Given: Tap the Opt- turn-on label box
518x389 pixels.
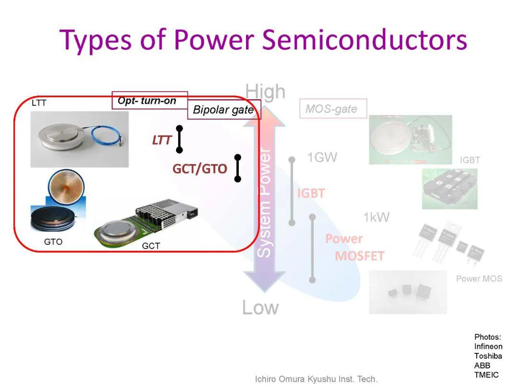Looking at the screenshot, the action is point(150,100).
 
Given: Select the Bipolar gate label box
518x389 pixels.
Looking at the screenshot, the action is point(224,109).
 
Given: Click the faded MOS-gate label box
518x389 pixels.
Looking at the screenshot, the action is point(333,109).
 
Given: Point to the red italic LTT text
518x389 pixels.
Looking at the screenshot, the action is point(162,140).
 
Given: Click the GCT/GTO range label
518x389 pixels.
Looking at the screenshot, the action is point(200,169).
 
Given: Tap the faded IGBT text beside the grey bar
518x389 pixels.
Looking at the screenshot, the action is point(311,193).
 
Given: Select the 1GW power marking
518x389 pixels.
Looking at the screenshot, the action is point(322,157).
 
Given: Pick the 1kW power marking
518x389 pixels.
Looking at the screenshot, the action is point(377,218).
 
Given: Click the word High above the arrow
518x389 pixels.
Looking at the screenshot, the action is point(265,91).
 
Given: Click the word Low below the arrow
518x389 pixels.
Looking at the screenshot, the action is point(260,307).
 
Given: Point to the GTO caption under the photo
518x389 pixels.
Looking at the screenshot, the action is point(53,242).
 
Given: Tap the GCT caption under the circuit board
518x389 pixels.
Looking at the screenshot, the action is point(151,246).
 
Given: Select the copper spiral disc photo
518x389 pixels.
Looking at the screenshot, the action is point(66,187).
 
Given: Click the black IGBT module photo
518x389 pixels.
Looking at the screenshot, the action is point(449,189).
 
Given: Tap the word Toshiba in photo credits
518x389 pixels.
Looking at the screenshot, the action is point(488,356).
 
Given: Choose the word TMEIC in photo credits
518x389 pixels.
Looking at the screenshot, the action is point(486,375).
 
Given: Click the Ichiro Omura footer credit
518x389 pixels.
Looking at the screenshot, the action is point(316,379).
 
